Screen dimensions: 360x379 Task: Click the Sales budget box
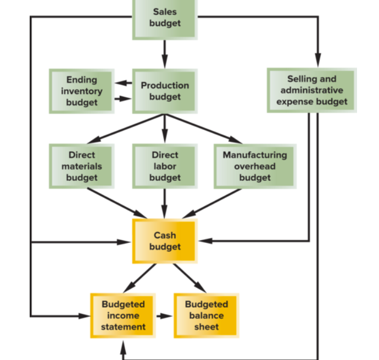(x=164, y=18)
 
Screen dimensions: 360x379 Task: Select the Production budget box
(x=164, y=91)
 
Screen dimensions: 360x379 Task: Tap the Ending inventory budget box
(x=81, y=91)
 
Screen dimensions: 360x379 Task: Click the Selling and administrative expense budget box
(x=311, y=90)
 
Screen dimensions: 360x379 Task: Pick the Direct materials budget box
(x=81, y=166)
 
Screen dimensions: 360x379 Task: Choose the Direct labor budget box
(x=164, y=166)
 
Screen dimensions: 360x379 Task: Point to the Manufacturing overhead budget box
(x=254, y=166)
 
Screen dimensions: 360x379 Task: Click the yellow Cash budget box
(x=164, y=241)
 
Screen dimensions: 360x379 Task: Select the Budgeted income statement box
(x=122, y=315)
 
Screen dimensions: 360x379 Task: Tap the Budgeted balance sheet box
(x=206, y=315)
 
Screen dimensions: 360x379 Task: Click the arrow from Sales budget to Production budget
(x=164, y=54)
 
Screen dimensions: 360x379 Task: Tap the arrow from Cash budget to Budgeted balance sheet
(x=189, y=278)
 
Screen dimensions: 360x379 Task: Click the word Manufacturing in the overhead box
(x=254, y=155)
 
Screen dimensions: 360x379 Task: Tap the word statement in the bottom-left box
(x=123, y=327)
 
